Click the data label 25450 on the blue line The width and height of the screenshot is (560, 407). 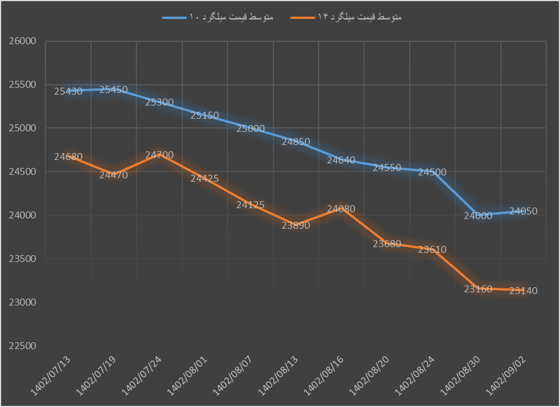pos(113,89)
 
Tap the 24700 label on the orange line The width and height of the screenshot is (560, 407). pos(159,155)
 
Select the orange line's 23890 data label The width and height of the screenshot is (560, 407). pos(296,225)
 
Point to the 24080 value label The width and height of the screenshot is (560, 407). pos(342,209)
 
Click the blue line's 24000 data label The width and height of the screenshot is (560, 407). pos(478,216)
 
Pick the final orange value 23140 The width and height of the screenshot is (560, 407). pos(523,291)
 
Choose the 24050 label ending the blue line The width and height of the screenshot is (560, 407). pos(523,211)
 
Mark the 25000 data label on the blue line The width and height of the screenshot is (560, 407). pos(250,128)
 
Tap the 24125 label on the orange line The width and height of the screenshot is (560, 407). pos(250,205)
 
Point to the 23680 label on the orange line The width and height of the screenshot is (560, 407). pos(387,244)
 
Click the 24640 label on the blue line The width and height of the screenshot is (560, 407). pos(342,161)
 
